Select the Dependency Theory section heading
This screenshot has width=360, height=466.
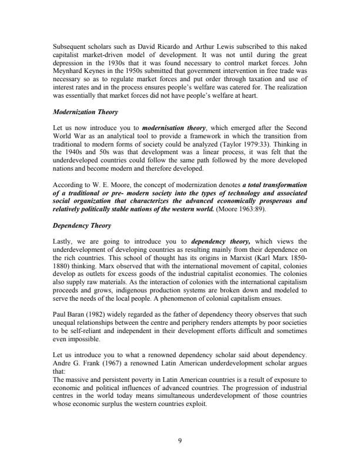click(x=78, y=209)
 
